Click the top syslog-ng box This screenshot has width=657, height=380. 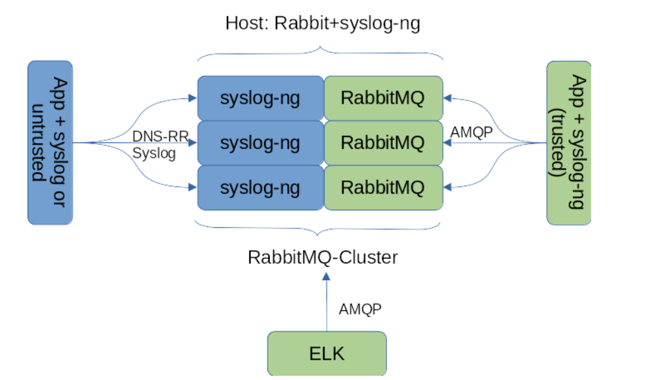coord(260,98)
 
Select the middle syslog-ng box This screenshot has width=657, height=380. coord(260,142)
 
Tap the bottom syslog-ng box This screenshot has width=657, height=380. coord(260,188)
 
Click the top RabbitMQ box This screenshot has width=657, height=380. coord(382,98)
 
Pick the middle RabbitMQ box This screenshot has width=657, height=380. coord(382,142)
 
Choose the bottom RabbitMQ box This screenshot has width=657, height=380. coord(382,188)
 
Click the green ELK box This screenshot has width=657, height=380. coord(327,354)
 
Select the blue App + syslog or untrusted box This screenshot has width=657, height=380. coord(50,142)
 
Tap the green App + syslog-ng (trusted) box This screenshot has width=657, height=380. coord(569,142)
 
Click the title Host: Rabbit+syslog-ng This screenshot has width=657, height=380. coord(322,24)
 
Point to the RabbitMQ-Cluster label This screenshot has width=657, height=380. coord(322,257)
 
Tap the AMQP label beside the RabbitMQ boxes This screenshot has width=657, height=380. coord(472,132)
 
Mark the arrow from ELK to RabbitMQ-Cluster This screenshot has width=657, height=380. coord(327,302)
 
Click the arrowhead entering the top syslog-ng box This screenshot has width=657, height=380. coord(193,98)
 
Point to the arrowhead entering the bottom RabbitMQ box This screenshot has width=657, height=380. coord(448,188)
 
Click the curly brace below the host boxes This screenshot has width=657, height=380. coord(319,230)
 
